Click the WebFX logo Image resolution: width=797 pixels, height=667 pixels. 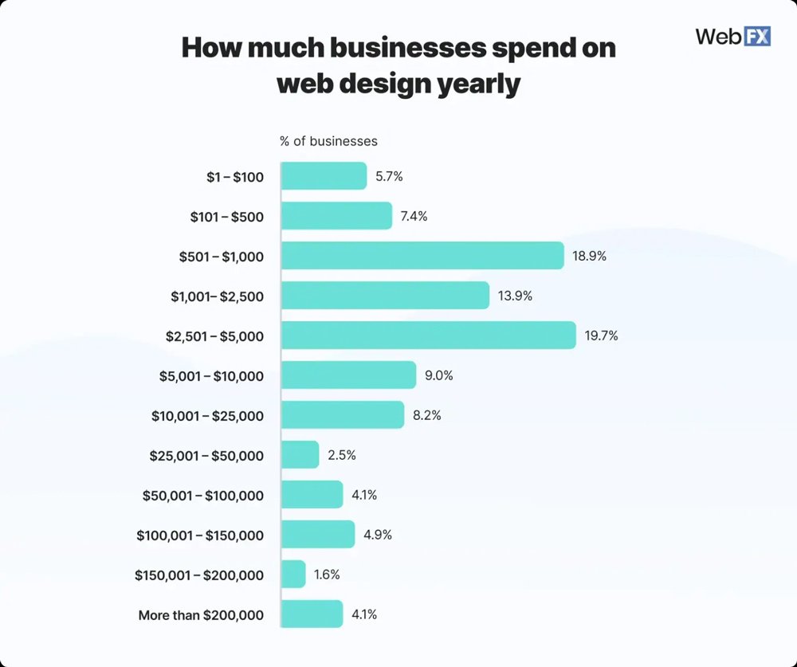732,36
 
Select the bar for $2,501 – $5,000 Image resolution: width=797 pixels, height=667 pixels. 428,335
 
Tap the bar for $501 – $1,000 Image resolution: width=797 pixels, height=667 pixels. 422,256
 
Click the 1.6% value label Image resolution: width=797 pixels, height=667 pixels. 328,575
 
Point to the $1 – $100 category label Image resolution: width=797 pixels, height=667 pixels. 234,176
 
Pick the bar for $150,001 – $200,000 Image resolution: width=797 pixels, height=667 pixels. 293,575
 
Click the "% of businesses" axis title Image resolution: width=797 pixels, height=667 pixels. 328,141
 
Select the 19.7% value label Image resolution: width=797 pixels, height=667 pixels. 601,335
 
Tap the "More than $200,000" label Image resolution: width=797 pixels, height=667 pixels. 201,614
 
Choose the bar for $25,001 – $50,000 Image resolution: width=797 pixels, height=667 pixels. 300,455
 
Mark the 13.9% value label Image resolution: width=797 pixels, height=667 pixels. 515,296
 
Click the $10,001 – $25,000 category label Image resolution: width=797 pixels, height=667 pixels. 207,415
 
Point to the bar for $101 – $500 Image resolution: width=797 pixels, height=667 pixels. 336,216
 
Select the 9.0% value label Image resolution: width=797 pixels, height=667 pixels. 438,375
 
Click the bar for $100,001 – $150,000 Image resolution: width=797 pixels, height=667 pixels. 318,535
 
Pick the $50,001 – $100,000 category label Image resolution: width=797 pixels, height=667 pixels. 203,495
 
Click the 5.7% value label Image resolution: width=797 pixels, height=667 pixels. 389,176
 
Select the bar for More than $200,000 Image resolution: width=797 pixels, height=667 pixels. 312,614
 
